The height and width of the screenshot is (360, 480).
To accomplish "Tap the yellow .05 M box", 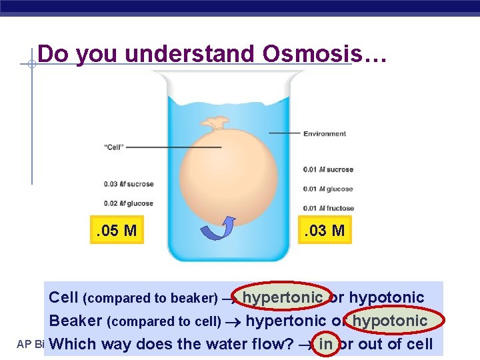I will pyautogui.click(x=117, y=231).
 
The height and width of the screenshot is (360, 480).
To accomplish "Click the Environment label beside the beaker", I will pyautogui.click(x=325, y=133).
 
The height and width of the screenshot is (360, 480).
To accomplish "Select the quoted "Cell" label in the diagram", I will pyautogui.click(x=113, y=147).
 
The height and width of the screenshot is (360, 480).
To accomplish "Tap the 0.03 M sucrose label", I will pyautogui.click(x=128, y=184).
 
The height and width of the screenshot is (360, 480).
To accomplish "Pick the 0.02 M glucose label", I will pyautogui.click(x=128, y=203).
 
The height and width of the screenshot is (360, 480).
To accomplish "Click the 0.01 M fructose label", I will pyautogui.click(x=329, y=208).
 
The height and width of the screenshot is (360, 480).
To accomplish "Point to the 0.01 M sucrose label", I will pyautogui.click(x=328, y=169).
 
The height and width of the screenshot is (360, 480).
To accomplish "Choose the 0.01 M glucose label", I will pyautogui.click(x=328, y=189).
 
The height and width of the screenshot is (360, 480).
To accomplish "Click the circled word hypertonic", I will pyautogui.click(x=282, y=297).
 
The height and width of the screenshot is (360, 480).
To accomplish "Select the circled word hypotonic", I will pyautogui.click(x=389, y=321).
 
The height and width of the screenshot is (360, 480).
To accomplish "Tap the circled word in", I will pyautogui.click(x=325, y=344).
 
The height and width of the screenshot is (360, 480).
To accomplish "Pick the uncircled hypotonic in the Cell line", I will pyautogui.click(x=387, y=297).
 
